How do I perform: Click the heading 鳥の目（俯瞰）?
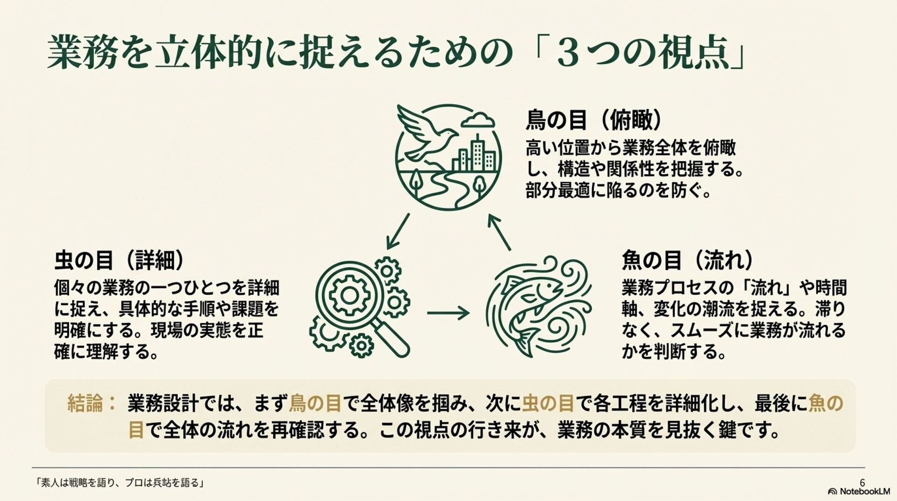coord(594,120)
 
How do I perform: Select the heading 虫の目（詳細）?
coord(119,261)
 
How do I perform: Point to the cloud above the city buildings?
coord(477,120)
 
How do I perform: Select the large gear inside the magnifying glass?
coord(349,295)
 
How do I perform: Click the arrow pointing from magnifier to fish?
coord(448,313)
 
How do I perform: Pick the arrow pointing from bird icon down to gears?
coord(398,231)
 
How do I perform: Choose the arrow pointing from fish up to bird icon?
coord(499,232)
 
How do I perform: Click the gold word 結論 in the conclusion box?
coord(85,403)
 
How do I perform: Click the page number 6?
coord(862,482)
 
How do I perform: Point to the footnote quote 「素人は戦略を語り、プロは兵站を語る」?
coord(120,483)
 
